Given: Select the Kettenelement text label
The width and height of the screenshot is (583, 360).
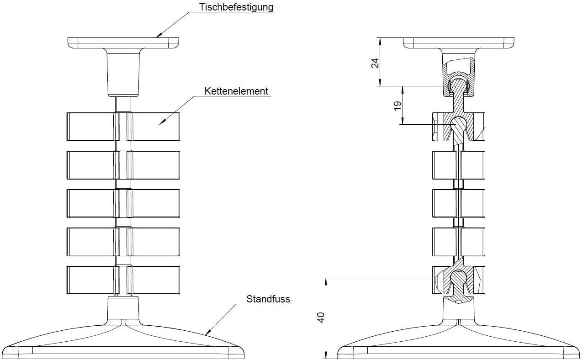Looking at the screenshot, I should click(x=236, y=91).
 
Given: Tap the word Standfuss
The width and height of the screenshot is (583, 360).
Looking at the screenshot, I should click(x=268, y=299).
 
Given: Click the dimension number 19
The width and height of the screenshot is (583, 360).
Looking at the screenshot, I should click(x=397, y=105).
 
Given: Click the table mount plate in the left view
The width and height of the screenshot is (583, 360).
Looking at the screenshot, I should click(x=123, y=42).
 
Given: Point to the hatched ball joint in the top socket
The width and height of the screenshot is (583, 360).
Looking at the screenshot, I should click(x=459, y=85).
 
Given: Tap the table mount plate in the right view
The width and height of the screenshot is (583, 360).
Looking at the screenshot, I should click(x=459, y=43).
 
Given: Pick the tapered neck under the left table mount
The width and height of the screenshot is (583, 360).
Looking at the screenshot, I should click(x=123, y=73).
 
